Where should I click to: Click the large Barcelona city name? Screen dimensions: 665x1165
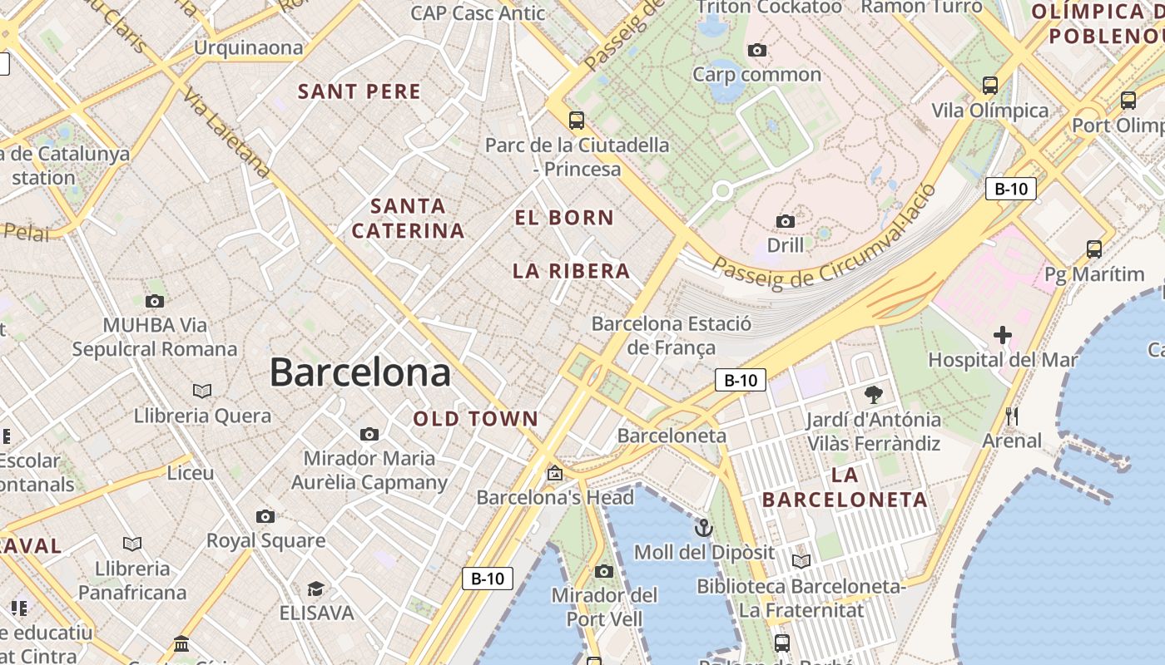pyautogui.click(x=359, y=372)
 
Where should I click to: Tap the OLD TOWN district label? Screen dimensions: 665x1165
pyautogui.click(x=476, y=419)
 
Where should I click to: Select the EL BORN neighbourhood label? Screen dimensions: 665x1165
pyautogui.click(x=564, y=218)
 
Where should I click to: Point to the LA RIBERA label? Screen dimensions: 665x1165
pyautogui.click(x=571, y=271)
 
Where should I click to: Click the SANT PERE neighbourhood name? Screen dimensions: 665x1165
pyautogui.click(x=359, y=91)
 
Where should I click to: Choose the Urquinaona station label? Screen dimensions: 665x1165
pyautogui.click(x=248, y=47)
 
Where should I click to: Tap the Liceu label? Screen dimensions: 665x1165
pyautogui.click(x=191, y=473)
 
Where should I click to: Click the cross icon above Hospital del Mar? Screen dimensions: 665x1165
pyautogui.click(x=1003, y=335)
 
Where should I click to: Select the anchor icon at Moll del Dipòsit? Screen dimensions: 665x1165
pyautogui.click(x=704, y=527)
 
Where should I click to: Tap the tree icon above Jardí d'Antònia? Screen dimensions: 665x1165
pyautogui.click(x=873, y=394)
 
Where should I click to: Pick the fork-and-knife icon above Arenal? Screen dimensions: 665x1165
pyautogui.click(x=1012, y=416)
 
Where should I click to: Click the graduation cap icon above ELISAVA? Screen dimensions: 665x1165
pyautogui.click(x=315, y=589)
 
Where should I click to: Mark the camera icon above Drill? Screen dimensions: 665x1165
pyautogui.click(x=785, y=221)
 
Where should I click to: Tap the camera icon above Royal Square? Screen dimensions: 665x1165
pyautogui.click(x=265, y=516)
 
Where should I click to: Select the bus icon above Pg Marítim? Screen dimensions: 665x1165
pyautogui.click(x=1094, y=249)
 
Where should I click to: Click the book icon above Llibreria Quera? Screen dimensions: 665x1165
pyautogui.click(x=202, y=391)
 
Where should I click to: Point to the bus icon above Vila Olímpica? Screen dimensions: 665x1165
pyautogui.click(x=990, y=85)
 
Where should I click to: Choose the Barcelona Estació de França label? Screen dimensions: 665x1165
pyautogui.click(x=671, y=335)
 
